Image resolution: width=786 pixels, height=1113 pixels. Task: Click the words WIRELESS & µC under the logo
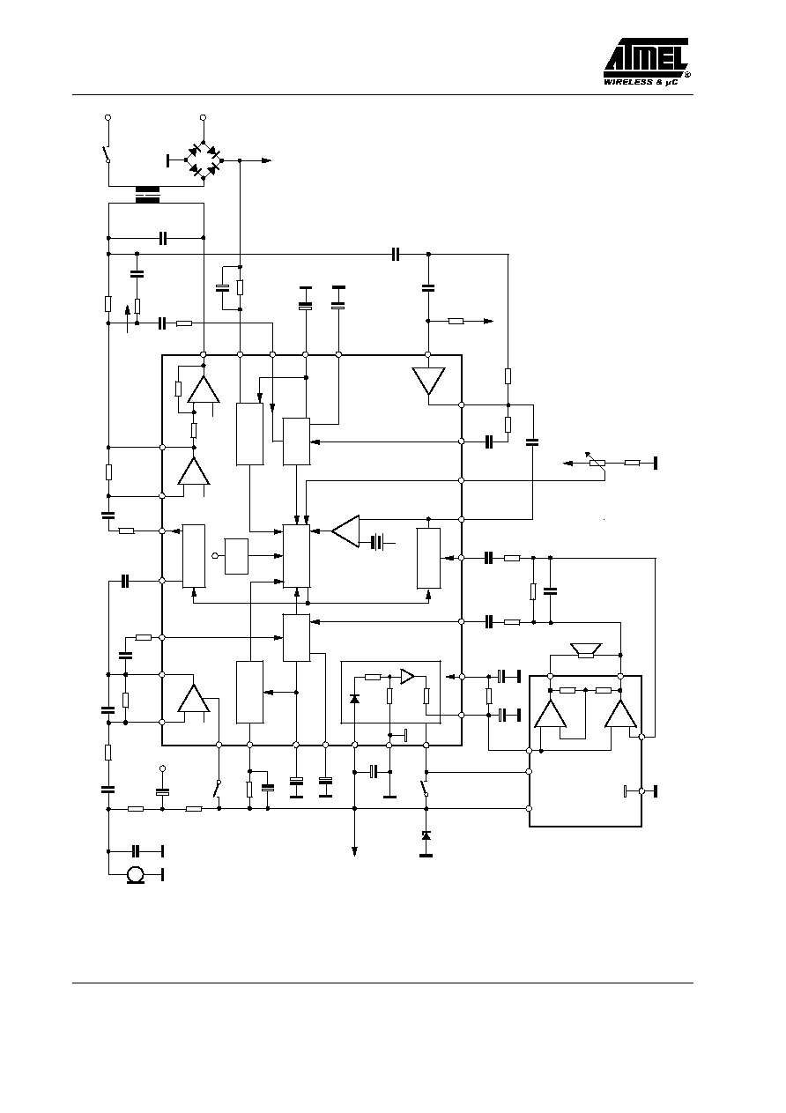(641, 83)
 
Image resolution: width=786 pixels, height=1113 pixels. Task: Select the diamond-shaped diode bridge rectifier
(204, 160)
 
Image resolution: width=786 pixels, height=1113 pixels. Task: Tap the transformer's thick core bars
(147, 195)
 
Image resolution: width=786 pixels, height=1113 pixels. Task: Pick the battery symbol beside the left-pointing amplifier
(379, 543)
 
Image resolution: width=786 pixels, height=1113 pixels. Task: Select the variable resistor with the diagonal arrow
(596, 462)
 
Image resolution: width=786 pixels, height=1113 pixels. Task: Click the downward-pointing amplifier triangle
(428, 381)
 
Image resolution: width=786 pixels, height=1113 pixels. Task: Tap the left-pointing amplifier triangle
(345, 531)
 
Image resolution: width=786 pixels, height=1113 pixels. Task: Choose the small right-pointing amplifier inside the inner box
(407, 676)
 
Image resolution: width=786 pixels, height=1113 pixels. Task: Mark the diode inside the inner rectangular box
(354, 699)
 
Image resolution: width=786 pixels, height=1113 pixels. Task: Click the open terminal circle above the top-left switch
(108, 118)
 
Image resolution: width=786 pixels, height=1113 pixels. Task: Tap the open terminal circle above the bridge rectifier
(203, 118)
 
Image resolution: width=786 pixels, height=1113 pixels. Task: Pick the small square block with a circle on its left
(236, 556)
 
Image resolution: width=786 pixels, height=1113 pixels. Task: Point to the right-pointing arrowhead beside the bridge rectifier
(266, 160)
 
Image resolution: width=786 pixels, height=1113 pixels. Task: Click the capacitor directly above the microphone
(135, 851)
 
